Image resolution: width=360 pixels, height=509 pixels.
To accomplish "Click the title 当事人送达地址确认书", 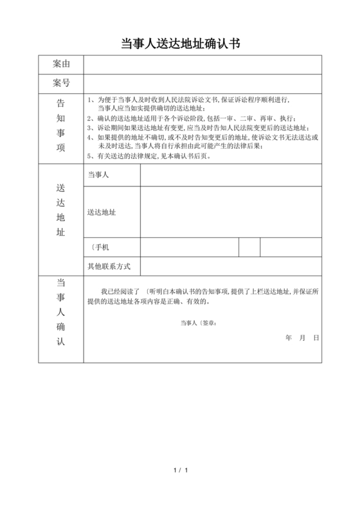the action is (180, 43).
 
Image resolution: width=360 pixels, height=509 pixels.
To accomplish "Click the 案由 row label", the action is (61, 64).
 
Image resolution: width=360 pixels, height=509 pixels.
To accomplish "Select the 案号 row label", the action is (61, 83).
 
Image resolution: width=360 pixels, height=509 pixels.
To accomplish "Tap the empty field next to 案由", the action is (203, 64).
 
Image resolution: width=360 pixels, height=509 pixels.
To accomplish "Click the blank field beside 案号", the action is (203, 83).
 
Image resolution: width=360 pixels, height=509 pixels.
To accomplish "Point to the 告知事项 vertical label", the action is (61, 125).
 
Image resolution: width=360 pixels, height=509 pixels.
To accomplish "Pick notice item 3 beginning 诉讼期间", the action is (199, 127).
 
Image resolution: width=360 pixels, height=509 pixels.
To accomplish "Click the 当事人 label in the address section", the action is (97, 175).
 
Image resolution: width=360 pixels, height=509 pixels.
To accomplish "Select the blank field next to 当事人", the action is (231, 175).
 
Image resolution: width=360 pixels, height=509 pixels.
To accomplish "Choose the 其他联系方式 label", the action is (109, 265).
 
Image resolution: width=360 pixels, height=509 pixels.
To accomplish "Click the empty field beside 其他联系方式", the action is (231, 265).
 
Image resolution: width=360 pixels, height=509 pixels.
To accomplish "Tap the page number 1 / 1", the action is (180, 472).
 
